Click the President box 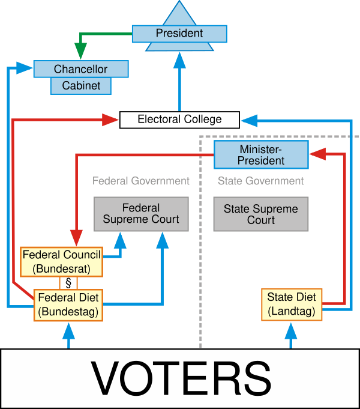tap(179, 34)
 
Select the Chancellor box tap(81, 69)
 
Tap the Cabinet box tap(81, 86)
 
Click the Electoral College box tap(179, 120)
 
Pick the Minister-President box tap(261, 155)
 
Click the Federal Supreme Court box tap(141, 214)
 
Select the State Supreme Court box tap(261, 214)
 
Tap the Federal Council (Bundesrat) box tap(62, 261)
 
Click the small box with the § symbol tap(68, 283)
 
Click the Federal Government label tap(141, 181)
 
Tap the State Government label tap(260, 181)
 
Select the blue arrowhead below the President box tap(179, 58)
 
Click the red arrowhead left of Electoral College tap(110, 120)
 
